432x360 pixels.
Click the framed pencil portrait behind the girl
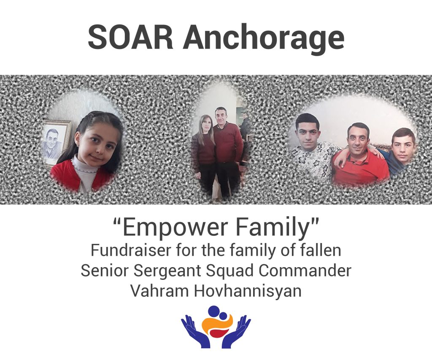point(56,143)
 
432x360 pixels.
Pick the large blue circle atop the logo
point(213,311)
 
